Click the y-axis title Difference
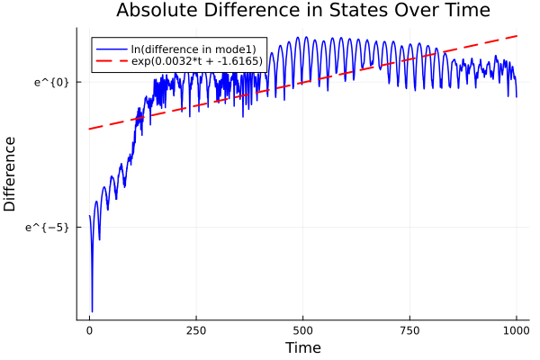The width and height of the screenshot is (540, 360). pos(11,173)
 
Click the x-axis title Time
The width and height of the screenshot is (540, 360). pos(302,347)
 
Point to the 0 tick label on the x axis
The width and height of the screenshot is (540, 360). pos(89,330)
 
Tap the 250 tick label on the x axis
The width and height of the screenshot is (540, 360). pos(196,330)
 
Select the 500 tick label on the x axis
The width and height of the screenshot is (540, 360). pos(302,330)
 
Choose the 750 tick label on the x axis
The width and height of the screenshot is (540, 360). pos(409,330)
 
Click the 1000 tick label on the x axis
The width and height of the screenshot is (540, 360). pos(517,330)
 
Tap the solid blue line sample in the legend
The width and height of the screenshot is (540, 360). pos(112,49)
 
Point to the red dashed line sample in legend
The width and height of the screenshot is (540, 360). pos(112,62)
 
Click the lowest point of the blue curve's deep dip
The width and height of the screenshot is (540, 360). pos(92,311)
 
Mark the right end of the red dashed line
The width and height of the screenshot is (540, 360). pos(517,36)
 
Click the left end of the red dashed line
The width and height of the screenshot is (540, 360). pos(89,129)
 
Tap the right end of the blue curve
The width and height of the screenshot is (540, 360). pos(517,96)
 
